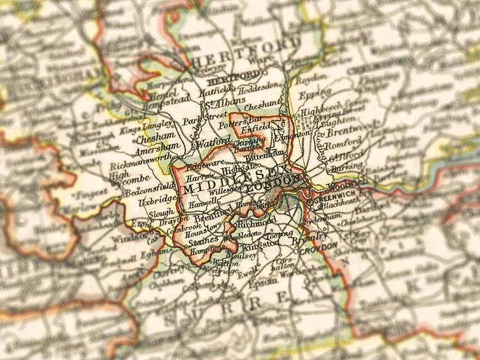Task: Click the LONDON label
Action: click(273, 184)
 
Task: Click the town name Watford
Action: click(214, 140)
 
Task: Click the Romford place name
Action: click(344, 145)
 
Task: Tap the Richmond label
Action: click(257, 222)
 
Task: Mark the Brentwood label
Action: click(346, 133)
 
